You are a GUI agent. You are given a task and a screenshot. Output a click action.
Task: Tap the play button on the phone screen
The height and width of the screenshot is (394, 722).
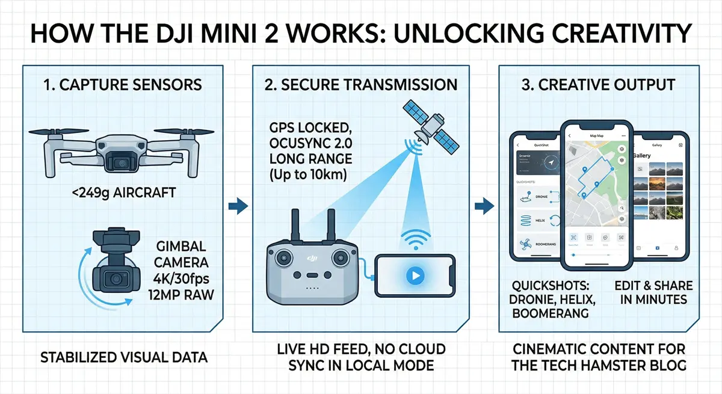click(415, 275)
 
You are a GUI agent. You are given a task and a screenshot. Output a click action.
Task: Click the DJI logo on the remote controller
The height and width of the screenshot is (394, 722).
click(311, 257)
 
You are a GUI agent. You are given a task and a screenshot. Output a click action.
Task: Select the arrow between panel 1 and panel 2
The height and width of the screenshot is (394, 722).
click(238, 206)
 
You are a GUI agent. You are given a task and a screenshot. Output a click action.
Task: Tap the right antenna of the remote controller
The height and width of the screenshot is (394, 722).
click(330, 227)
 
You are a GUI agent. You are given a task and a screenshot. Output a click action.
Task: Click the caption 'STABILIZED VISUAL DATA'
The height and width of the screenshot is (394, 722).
click(123, 357)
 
